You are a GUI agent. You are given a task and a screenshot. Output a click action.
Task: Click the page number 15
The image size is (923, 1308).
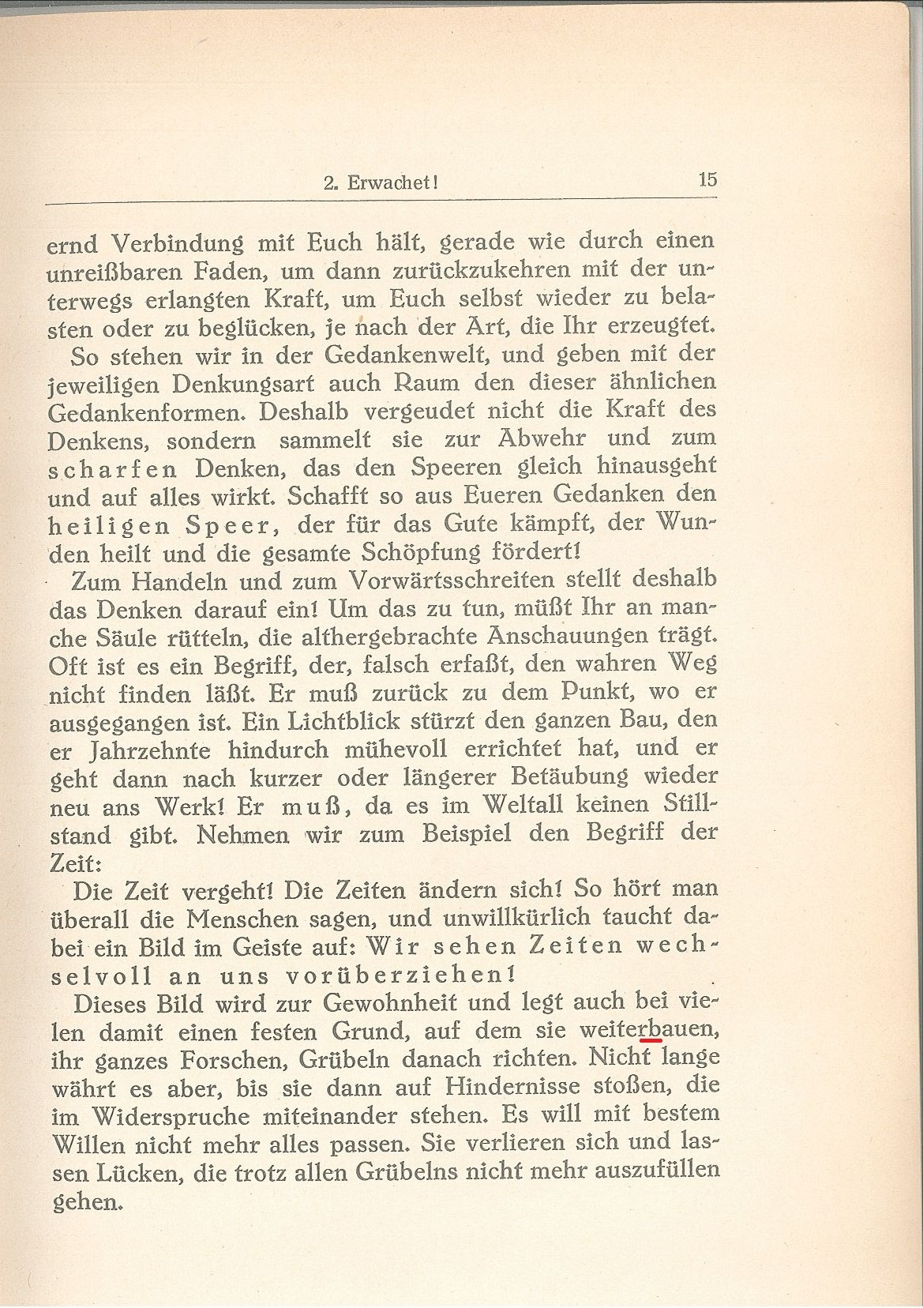pos(707,179)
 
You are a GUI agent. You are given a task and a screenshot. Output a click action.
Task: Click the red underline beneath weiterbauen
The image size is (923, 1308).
pos(651,1042)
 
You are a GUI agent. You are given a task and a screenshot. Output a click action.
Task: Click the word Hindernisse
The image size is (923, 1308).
pos(516,1088)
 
